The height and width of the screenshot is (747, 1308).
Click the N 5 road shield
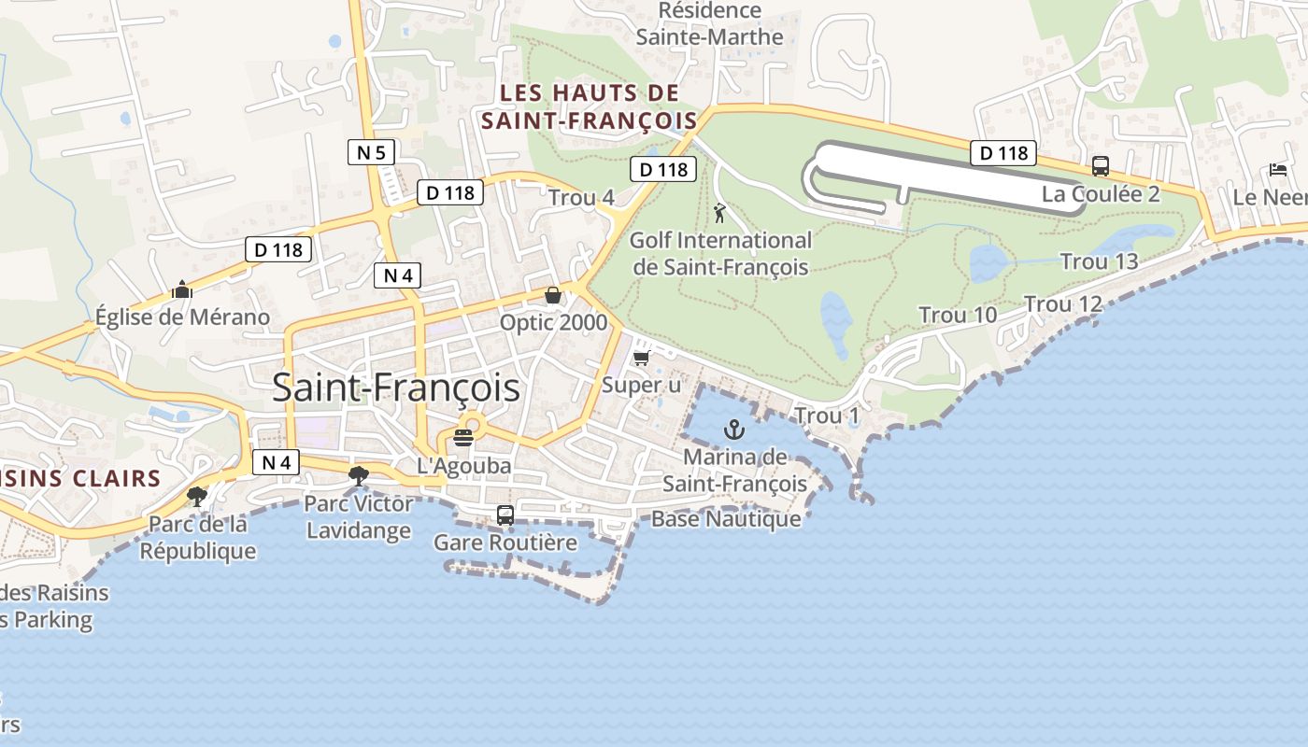tap(372, 152)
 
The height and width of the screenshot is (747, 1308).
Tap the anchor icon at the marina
tap(734, 430)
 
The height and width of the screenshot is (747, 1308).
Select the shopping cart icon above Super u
tap(641, 358)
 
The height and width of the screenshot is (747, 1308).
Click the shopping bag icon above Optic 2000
tap(553, 295)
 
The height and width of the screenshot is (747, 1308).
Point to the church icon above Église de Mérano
tap(182, 289)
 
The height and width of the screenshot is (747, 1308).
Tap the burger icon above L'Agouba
tap(463, 437)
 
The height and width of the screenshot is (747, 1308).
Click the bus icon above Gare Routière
tap(505, 514)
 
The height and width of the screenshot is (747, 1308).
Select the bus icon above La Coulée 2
tap(1101, 166)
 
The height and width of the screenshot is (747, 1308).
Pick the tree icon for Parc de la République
tap(197, 496)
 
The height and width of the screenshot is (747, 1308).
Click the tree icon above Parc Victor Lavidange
tap(358, 476)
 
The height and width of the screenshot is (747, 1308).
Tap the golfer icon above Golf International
tap(719, 214)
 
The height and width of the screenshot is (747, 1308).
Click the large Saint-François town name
tap(395, 388)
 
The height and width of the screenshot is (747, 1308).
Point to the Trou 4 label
tap(581, 198)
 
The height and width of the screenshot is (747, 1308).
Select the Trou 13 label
tap(1099, 261)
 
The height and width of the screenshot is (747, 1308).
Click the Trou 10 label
tap(958, 316)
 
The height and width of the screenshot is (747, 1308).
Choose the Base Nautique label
tap(726, 519)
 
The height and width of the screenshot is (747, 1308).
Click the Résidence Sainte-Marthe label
tap(710, 24)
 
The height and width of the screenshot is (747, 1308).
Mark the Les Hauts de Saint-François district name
tap(589, 106)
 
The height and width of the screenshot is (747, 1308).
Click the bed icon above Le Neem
tap(1278, 170)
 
